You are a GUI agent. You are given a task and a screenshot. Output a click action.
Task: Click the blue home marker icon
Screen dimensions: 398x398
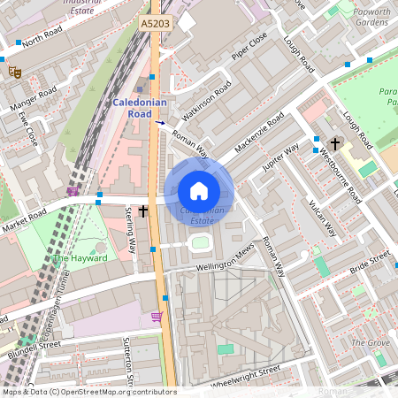point(199,190)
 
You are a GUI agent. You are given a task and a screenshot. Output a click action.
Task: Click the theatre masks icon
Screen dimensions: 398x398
point(14,73)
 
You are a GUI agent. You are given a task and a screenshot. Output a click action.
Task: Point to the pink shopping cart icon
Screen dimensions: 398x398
point(157,317)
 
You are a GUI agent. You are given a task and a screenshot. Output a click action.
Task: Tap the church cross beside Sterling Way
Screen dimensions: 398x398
point(143,211)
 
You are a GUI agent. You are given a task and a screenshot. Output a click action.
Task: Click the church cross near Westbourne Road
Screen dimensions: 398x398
point(335,143)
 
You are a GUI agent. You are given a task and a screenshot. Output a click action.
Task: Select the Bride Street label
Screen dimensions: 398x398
point(369,263)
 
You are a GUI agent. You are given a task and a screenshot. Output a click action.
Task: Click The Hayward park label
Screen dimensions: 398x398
point(80,258)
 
